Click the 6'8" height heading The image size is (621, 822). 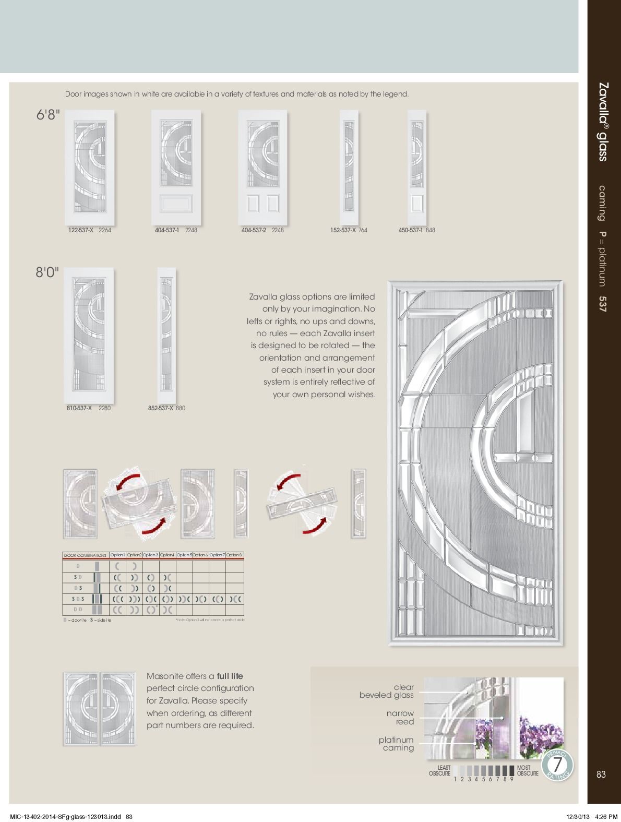(47, 116)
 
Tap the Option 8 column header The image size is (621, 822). (234, 555)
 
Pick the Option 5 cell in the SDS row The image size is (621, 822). (184, 599)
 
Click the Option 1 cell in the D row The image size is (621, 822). (118, 566)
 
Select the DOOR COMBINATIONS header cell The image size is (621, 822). (85, 555)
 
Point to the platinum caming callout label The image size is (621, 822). (396, 744)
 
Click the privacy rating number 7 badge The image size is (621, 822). (558, 766)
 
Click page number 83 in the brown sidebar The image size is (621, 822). (601, 775)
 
